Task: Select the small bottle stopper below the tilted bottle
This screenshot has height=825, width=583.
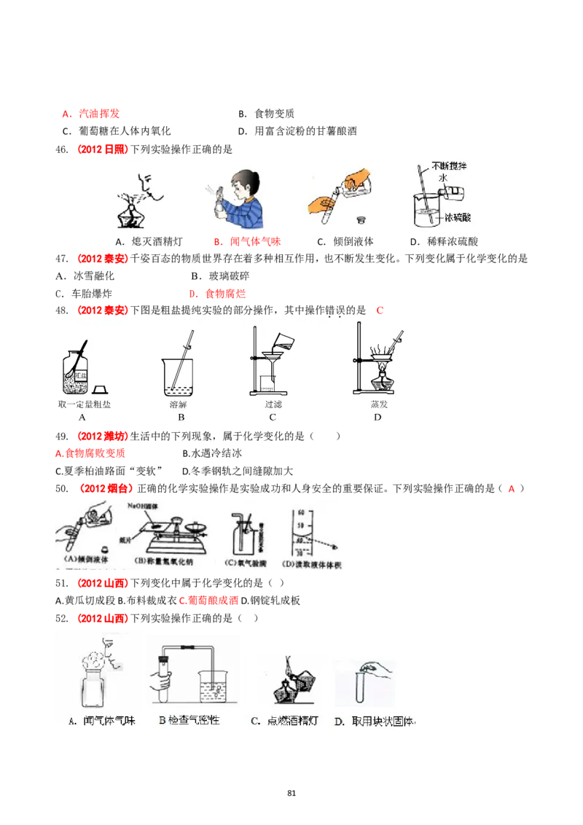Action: click(359, 218)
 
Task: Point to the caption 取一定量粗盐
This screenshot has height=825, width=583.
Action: click(85, 404)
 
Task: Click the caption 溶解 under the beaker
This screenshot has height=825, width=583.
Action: click(178, 404)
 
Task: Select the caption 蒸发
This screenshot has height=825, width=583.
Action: click(378, 404)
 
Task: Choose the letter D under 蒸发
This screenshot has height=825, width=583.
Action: click(377, 418)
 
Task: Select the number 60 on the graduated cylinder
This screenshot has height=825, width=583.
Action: click(300, 513)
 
